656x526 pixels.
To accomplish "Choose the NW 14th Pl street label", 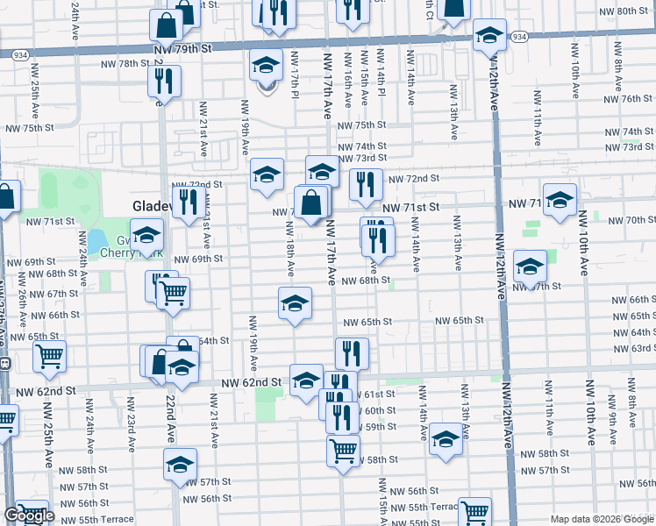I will click(381, 75).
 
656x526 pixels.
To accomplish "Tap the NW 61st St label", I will click(379, 394).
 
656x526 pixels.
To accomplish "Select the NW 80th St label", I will click(626, 11).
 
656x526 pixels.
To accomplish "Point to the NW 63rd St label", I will click(635, 348).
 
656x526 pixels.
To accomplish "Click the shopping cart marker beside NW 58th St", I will click(343, 450).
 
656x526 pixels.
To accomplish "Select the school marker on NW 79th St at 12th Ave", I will click(489, 35).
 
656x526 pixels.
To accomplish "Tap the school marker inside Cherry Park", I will click(146, 235).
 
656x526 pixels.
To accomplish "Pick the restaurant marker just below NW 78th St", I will click(165, 82).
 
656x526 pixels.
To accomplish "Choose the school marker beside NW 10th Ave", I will click(559, 201).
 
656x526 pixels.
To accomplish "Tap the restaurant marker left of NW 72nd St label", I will click(366, 184).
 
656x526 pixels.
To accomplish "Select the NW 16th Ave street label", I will click(347, 79).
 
